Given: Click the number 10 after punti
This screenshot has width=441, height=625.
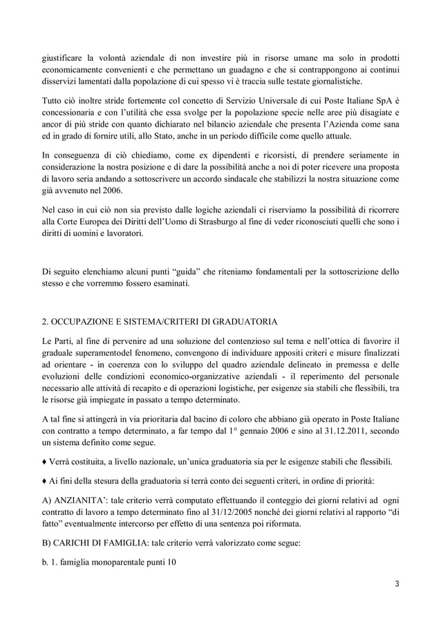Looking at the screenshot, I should point(171,562).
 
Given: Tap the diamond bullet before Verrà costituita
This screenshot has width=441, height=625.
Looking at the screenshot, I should point(44,462).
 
